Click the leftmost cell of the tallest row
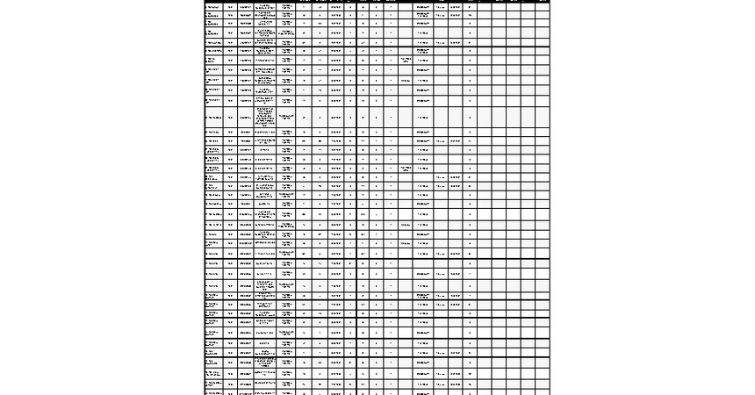tap(214, 117)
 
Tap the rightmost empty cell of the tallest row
tap(542, 117)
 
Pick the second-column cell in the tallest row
tap(231, 117)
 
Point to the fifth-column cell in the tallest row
tap(286, 117)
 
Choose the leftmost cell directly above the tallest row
tap(214, 101)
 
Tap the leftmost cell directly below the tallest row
tap(214, 133)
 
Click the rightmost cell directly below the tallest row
tap(542, 133)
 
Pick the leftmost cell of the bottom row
tap(214, 391)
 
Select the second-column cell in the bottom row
tap(231, 391)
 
